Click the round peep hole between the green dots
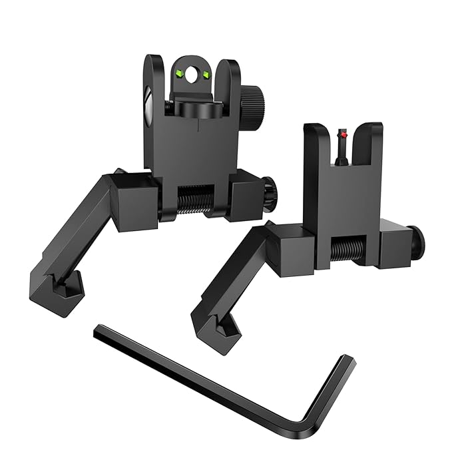pyautogui.click(x=193, y=76)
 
